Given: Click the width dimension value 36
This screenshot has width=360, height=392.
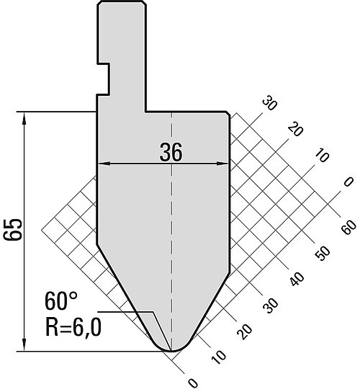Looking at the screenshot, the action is click(171, 152).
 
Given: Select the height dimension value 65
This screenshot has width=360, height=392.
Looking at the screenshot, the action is click(13, 230).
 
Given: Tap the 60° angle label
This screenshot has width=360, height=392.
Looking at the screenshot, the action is click(60, 301).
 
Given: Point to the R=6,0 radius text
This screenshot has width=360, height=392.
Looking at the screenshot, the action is click(73, 328).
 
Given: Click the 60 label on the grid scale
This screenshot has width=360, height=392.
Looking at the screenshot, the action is click(348, 227).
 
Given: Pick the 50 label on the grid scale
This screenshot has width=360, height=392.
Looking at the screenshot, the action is click(323, 253).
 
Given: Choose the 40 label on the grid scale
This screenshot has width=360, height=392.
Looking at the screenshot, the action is click(297, 280).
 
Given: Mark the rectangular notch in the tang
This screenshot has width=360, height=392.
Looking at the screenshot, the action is click(104, 79).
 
